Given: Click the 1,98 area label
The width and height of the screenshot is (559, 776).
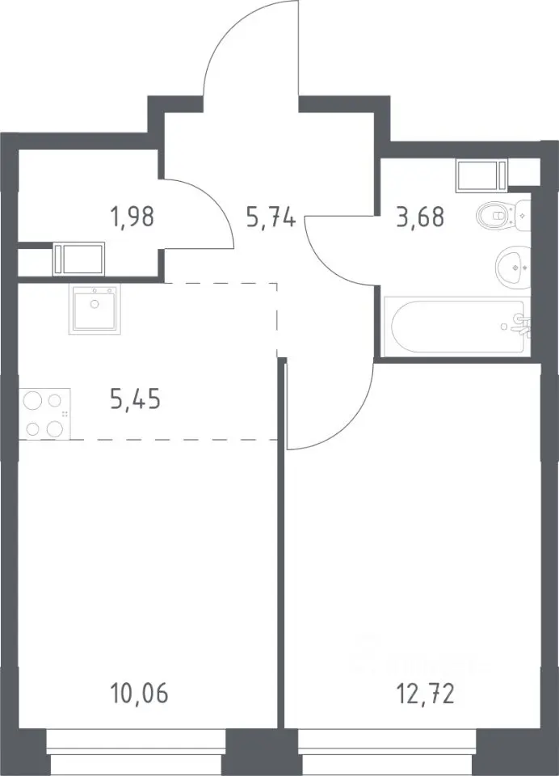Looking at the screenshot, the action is pyautogui.click(x=133, y=217).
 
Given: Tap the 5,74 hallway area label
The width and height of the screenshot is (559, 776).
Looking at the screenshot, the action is pyautogui.click(x=271, y=217).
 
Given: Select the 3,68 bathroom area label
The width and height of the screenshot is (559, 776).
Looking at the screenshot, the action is pyautogui.click(x=420, y=217).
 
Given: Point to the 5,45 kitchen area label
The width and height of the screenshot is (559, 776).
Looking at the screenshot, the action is pyautogui.click(x=136, y=399).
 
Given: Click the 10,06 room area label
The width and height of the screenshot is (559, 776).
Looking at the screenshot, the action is pyautogui.click(x=139, y=694).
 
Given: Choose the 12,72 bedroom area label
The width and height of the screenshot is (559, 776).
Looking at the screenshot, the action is pyautogui.click(x=426, y=694).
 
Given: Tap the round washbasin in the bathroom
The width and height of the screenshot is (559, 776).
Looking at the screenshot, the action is pyautogui.click(x=512, y=268).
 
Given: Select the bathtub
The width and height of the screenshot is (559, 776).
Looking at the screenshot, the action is pyautogui.click(x=457, y=326).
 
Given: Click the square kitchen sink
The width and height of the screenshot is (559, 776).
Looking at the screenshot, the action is pyautogui.click(x=95, y=310).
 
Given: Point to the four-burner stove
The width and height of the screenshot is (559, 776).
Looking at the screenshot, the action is pyautogui.click(x=44, y=414).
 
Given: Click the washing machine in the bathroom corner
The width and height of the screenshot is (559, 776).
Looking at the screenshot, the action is pyautogui.click(x=482, y=175).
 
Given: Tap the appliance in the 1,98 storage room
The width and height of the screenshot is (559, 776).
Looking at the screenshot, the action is pyautogui.click(x=78, y=259).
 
